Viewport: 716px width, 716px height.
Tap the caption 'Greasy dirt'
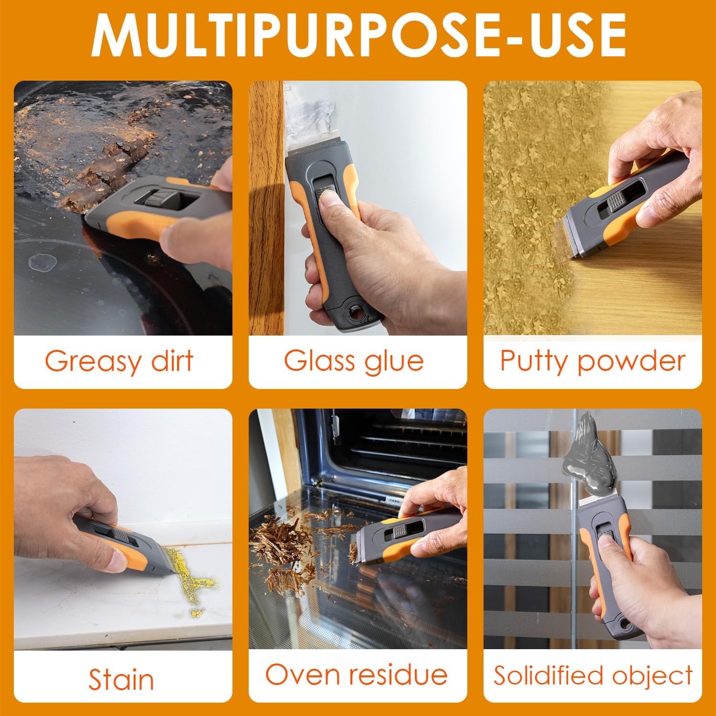click(119, 361)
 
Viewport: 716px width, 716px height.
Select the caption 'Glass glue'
click(354, 361)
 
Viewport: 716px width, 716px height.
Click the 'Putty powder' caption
click(592, 361)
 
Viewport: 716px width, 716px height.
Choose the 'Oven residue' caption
click(357, 675)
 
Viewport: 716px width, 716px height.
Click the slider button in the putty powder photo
click(616, 204)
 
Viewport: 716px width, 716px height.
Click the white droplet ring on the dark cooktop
click(41, 262)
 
